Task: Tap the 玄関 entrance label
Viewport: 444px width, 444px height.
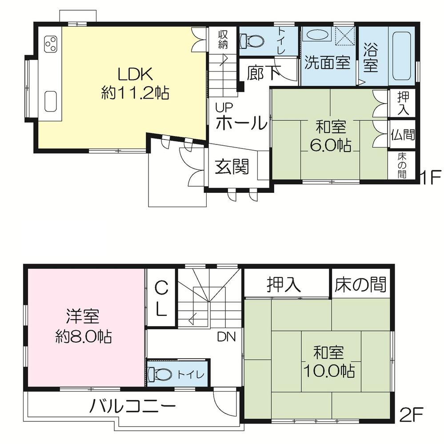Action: tap(232, 167)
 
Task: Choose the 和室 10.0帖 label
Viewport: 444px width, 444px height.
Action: tap(329, 362)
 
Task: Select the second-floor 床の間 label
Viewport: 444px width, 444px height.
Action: tap(360, 284)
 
